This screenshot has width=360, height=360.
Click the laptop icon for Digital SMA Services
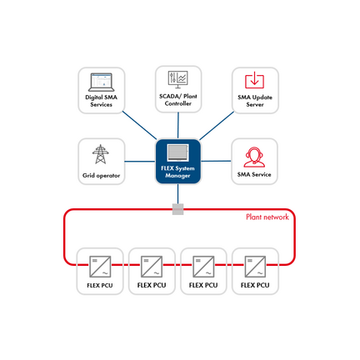click(101, 81)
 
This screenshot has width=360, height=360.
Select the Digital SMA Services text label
click(101, 101)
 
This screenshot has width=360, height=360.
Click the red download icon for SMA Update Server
click(254, 81)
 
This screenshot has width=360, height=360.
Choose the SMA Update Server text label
click(254, 101)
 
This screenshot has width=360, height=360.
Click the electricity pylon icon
click(101, 154)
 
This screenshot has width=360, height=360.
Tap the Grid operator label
click(101, 176)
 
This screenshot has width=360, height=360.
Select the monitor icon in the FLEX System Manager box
click(177, 154)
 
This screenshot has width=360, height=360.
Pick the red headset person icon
click(254, 156)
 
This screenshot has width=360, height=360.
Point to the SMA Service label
click(254, 176)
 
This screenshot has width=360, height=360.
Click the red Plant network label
click(267, 217)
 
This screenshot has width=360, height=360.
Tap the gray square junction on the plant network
click(177, 209)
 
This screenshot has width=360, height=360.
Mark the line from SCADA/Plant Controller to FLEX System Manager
click(177, 125)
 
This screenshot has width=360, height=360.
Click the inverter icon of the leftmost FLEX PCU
click(100, 266)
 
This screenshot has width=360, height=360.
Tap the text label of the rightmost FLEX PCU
click(255, 286)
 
